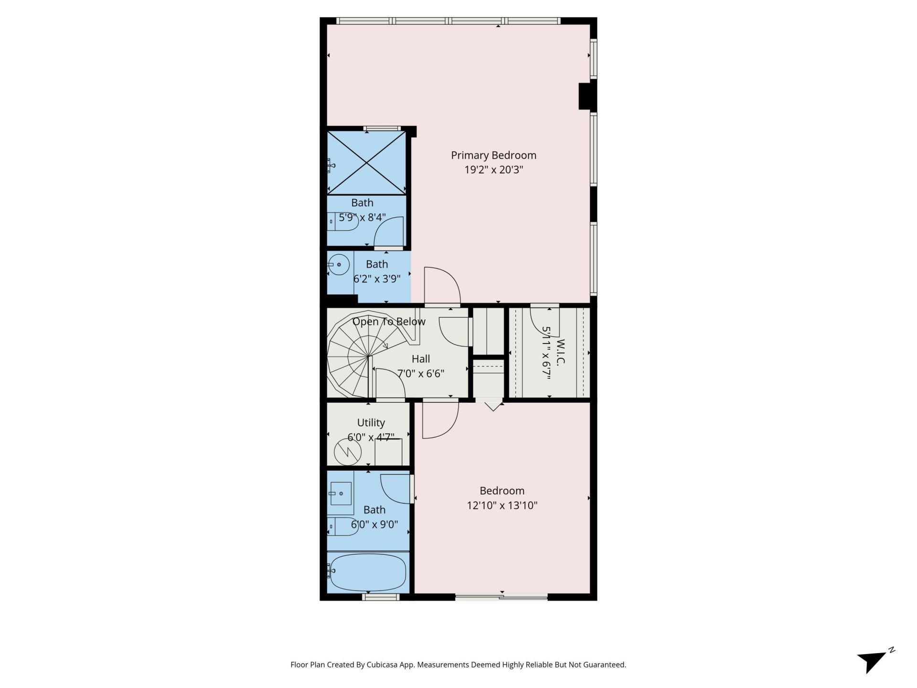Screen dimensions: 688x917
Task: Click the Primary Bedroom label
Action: [x=493, y=155]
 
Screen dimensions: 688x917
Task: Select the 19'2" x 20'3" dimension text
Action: [x=493, y=170]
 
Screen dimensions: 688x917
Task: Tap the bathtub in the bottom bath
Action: [x=368, y=572]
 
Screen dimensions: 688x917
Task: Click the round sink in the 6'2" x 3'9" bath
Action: [x=339, y=265]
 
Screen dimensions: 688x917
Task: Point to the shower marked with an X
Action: [x=366, y=162]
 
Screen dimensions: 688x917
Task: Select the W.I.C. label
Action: [x=561, y=352]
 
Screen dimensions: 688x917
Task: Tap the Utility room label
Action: [x=371, y=423]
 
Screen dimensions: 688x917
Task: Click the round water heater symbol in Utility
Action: [x=347, y=451]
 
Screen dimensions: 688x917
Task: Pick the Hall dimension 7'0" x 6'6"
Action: [x=421, y=374]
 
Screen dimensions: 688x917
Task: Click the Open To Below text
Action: [x=389, y=322]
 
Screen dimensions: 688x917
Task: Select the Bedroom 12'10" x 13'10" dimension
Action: [x=502, y=505]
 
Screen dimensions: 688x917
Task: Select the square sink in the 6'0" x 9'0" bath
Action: [x=341, y=493]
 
